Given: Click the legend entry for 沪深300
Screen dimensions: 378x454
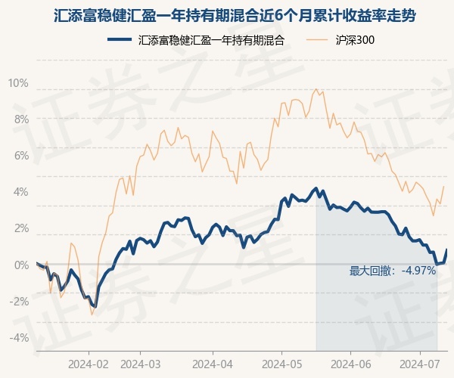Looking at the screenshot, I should [355, 41].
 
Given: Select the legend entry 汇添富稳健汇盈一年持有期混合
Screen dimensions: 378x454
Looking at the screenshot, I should [212, 41].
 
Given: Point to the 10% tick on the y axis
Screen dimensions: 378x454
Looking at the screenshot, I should [18, 82].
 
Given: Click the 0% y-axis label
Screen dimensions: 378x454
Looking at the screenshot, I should [20, 265].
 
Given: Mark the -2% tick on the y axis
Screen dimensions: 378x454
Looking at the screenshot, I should [19, 301].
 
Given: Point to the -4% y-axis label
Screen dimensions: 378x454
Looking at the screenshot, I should [19, 337].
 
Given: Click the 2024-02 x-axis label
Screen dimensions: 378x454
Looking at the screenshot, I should [89, 363].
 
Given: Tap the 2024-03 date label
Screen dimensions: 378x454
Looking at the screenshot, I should [141, 363].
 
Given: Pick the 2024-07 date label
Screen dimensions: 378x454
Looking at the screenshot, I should [419, 363].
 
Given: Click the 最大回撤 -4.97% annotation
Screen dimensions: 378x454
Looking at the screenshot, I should [393, 271].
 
